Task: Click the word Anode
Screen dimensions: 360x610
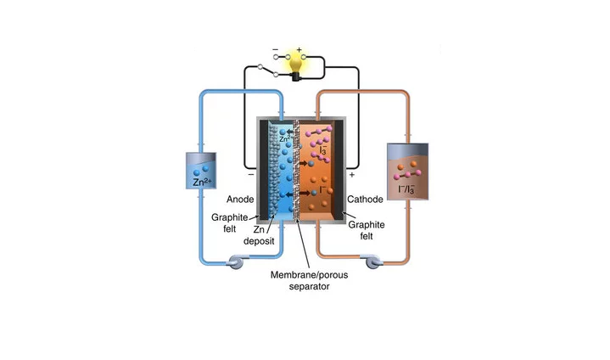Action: coord(227,199)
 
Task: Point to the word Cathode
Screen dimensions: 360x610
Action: coord(367,200)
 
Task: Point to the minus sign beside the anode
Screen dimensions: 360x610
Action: coord(251,174)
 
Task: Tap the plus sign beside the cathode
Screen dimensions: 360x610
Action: coord(351,174)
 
